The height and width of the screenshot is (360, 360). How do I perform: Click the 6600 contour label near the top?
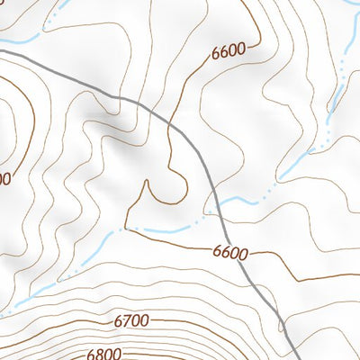click(229, 52)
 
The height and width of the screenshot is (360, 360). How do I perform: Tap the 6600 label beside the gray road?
click(230, 253)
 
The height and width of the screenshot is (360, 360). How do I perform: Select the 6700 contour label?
click(131, 320)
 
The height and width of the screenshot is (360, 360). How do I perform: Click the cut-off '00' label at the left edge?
click(4, 179)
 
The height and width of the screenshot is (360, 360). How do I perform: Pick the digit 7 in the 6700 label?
click(127, 320)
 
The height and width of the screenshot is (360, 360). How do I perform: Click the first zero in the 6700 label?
click(136, 320)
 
